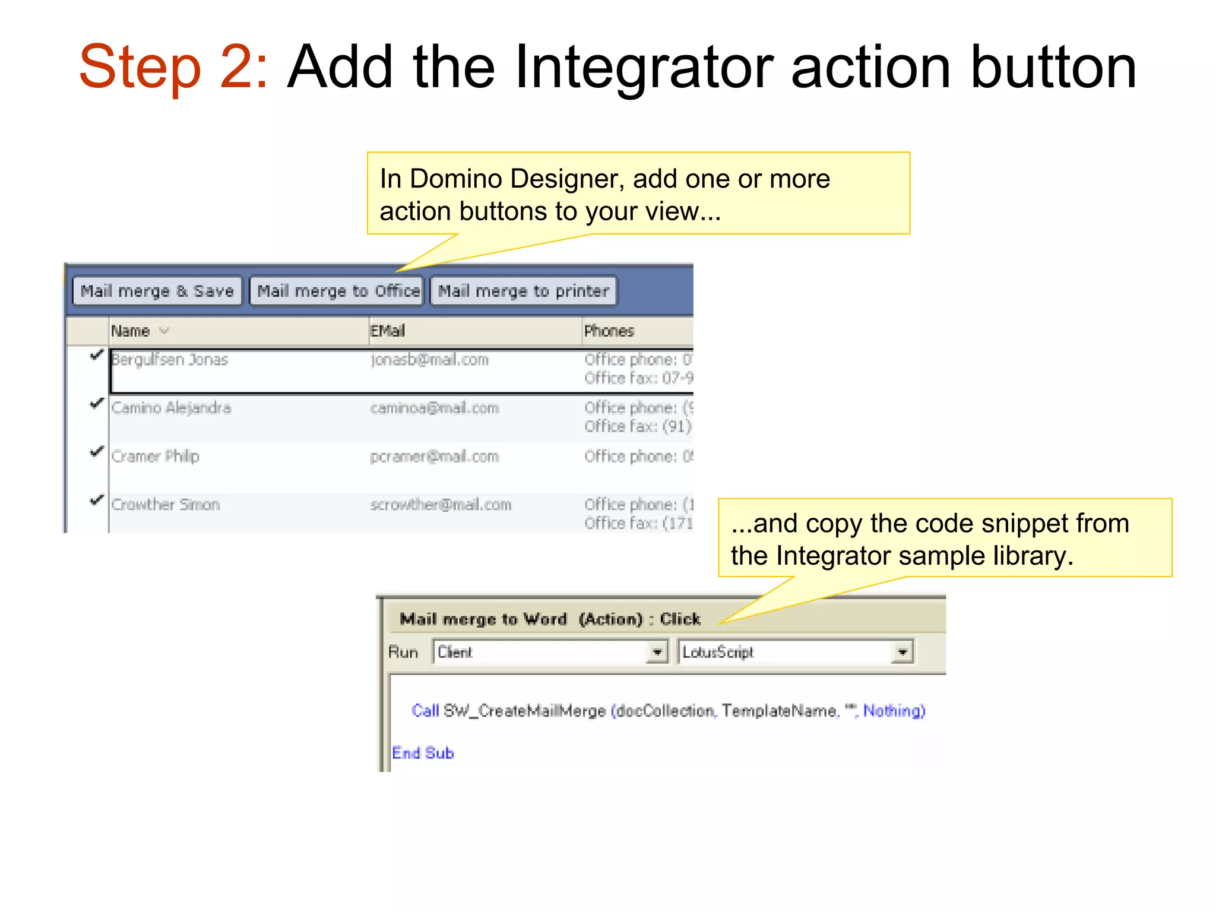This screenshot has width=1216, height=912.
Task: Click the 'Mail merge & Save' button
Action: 157,291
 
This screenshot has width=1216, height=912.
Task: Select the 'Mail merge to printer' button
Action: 523,291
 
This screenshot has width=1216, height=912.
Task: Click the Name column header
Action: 131,331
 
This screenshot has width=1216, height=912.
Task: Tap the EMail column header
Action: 388,331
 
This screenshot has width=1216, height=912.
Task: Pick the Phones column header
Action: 609,331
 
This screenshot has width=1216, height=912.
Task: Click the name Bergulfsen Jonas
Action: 170,360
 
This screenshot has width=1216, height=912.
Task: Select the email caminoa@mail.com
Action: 435,408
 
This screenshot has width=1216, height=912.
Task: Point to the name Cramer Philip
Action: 156,457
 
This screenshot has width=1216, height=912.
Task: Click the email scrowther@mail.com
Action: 441,505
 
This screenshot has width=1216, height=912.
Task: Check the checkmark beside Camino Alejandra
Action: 97,404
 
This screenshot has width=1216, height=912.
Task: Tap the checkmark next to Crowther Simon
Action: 97,500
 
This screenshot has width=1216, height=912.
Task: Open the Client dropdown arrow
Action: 657,652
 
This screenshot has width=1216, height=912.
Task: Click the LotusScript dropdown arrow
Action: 902,652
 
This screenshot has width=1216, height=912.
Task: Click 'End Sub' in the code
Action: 423,753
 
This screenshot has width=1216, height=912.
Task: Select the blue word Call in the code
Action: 425,711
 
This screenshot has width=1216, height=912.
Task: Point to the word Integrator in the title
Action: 644,66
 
